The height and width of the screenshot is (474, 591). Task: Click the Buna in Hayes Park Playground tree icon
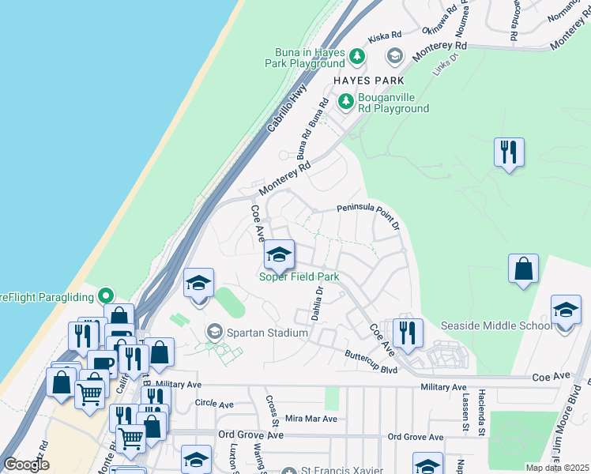point(357,56)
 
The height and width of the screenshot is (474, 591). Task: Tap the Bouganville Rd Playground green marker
point(346,101)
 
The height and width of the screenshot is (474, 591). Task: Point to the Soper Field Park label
point(299,276)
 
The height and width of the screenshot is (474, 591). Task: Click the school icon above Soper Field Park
point(278,254)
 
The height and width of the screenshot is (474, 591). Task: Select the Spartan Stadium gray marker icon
point(213,333)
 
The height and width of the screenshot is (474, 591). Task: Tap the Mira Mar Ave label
point(311,419)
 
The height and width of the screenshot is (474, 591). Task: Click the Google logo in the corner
point(27,465)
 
